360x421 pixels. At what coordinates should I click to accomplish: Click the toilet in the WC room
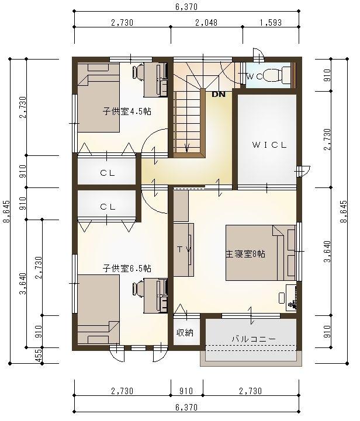(276, 75)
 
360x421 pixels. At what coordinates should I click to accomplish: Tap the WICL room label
(269, 145)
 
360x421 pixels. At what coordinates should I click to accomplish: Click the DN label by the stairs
(219, 94)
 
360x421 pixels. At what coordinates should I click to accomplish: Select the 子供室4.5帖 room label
(127, 111)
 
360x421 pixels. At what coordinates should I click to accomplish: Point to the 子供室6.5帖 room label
(127, 268)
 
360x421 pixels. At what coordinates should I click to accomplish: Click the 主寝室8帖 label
(245, 254)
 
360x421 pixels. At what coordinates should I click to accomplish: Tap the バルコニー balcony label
(254, 339)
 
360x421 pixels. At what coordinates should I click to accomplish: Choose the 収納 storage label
(185, 333)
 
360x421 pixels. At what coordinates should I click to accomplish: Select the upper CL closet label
(108, 173)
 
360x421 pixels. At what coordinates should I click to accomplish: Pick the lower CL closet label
(108, 207)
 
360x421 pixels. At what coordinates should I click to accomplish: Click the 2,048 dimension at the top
(206, 23)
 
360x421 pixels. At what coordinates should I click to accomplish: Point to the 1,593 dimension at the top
(271, 23)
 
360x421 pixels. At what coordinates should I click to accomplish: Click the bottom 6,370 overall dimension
(186, 408)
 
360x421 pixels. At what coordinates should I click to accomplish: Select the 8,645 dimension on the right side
(343, 211)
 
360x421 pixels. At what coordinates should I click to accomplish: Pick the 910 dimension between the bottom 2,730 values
(186, 391)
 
